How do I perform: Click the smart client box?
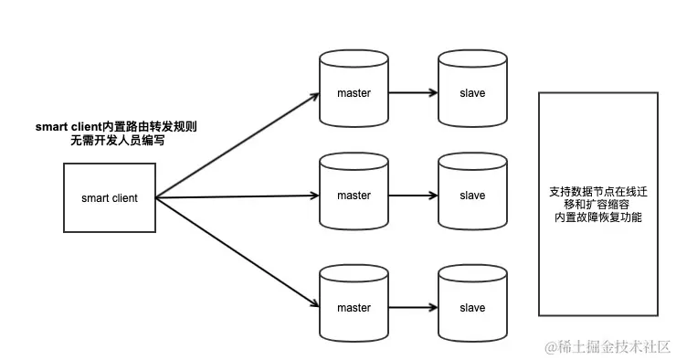pyautogui.click(x=109, y=197)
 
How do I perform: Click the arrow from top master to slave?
pyautogui.click(x=413, y=93)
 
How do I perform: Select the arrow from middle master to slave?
pyautogui.click(x=413, y=196)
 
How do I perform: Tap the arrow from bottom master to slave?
pyautogui.click(x=413, y=307)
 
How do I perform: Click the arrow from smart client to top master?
pyautogui.click(x=238, y=144)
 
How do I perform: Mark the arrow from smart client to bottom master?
pyautogui.click(x=238, y=251)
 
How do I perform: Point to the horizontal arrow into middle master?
pyautogui.click(x=238, y=196)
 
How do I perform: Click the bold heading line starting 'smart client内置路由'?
pyautogui.click(x=116, y=126)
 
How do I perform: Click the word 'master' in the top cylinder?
pyautogui.click(x=354, y=93)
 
